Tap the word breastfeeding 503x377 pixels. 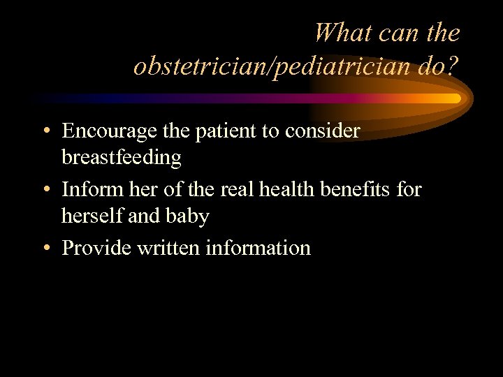[x=122, y=158]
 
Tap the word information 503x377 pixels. [x=258, y=248]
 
